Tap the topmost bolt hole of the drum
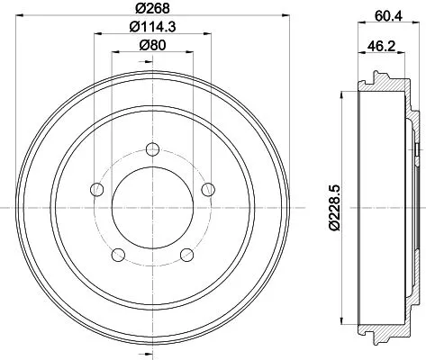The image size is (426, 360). click(x=152, y=148)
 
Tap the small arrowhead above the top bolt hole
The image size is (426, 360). click(x=152, y=127)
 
